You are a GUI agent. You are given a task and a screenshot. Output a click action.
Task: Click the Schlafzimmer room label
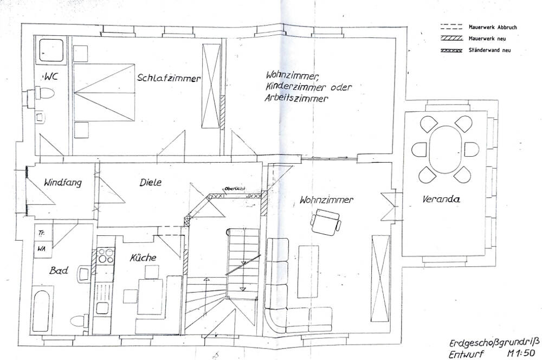click(x=169, y=78)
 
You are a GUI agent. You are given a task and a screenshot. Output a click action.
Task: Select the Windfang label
click(x=63, y=183)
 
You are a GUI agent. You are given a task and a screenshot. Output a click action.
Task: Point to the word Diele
click(x=150, y=183)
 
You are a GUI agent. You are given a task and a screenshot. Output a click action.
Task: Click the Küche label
click(x=143, y=258)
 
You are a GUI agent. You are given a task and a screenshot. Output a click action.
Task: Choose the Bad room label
click(x=58, y=270)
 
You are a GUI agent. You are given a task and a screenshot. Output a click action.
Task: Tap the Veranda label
click(x=441, y=200)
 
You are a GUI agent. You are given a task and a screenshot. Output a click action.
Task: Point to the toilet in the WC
click(x=45, y=94)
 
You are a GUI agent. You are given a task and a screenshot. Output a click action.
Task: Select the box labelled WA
click(x=41, y=249)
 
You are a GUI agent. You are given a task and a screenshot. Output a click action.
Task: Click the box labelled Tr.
click(x=41, y=233)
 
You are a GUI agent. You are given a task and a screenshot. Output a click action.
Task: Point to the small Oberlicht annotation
click(x=236, y=189)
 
